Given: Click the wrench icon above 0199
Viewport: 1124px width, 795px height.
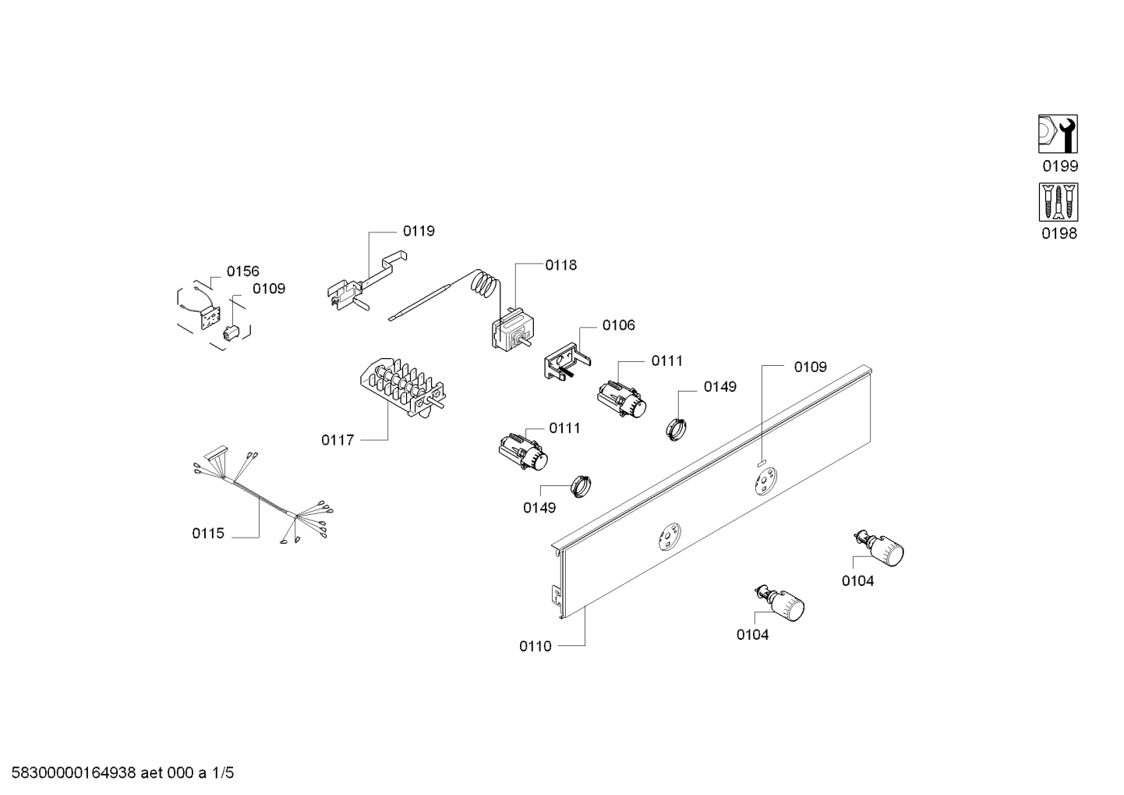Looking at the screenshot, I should click(1058, 134).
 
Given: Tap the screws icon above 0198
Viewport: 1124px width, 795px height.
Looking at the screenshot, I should click(1058, 202).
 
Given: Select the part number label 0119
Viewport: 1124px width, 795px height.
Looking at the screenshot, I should click(419, 231).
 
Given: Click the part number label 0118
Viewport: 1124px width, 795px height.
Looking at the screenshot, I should click(560, 265).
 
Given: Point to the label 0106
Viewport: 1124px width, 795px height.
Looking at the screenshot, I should click(618, 325).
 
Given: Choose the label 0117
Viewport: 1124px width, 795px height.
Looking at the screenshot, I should click(338, 440).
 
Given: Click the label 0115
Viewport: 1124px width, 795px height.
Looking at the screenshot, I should click(208, 534).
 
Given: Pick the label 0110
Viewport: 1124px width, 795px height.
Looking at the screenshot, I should click(535, 646).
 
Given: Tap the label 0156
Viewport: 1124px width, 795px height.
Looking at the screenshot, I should click(242, 272).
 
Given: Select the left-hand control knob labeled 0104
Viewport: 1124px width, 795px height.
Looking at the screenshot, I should click(784, 605).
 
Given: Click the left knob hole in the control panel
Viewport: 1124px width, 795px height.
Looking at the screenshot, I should click(667, 538).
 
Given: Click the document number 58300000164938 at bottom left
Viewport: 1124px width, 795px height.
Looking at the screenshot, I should click(69, 774).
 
